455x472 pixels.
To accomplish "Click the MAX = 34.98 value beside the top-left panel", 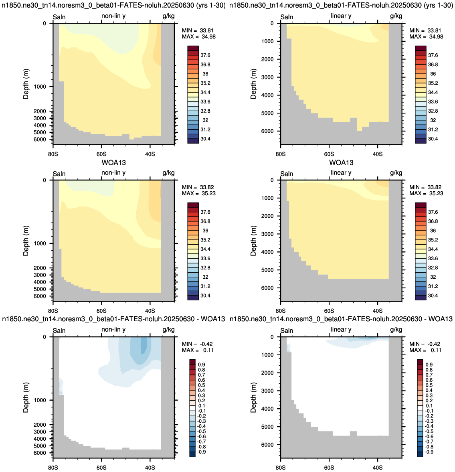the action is click(198, 37).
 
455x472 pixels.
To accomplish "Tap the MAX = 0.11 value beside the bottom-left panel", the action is click(198, 350).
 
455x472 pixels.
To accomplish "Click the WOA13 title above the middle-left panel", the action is click(114, 163).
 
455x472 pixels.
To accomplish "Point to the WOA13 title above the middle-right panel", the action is click(341, 163).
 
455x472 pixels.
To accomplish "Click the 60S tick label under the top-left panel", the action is click(101, 154).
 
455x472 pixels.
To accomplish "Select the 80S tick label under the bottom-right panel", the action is click(281, 468).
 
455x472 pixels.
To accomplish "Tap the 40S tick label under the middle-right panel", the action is click(378, 311).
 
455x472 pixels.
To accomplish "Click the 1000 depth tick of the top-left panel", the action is click(40, 87).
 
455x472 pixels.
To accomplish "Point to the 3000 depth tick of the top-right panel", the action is click(267, 77).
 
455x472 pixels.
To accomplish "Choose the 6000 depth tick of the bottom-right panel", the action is click(267, 445).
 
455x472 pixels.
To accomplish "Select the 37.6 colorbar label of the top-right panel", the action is click(433, 55).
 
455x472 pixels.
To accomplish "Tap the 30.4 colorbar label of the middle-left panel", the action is click(206, 296).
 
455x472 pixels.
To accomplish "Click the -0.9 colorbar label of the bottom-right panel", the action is click(429, 452).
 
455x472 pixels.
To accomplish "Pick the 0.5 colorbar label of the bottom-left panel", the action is click(202, 385).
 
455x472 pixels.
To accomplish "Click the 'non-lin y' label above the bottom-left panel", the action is click(113, 330).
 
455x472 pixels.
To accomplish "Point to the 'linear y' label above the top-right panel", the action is click(341, 16).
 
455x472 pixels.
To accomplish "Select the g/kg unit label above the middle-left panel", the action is click(168, 173).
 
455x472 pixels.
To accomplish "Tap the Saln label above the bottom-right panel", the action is click(287, 331).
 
